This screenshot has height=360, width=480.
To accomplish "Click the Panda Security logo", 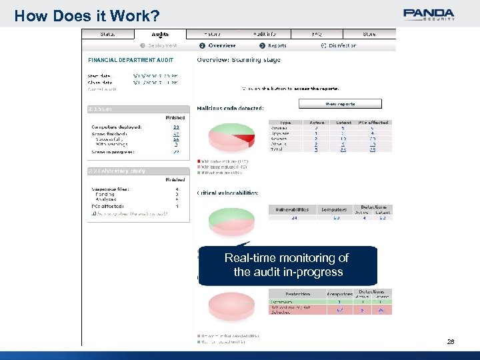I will (429, 14).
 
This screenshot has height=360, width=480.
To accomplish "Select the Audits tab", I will (160, 33).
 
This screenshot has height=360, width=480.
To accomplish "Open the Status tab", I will (107, 33).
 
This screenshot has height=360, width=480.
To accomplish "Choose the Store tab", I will (369, 33).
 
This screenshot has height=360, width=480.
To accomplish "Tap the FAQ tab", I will (317, 33).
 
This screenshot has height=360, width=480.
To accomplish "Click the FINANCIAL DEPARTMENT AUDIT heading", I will (131, 61).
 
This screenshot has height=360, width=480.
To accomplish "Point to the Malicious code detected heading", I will (230, 108).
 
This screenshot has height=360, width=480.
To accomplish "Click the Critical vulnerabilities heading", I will (227, 193).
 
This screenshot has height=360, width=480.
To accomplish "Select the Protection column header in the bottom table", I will (297, 293).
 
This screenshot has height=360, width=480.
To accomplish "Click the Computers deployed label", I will (117, 127).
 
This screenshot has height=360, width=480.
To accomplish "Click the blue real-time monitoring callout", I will (287, 265).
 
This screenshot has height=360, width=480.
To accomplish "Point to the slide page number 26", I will (451, 341).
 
